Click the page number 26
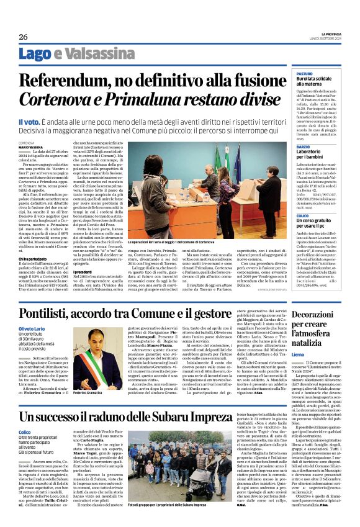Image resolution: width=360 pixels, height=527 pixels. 22,36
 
